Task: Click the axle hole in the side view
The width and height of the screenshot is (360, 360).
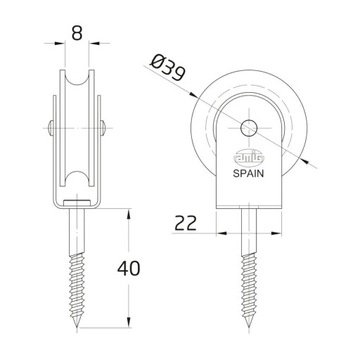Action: coord(249,126)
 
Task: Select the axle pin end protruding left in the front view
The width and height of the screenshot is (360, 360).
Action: coord(50,126)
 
